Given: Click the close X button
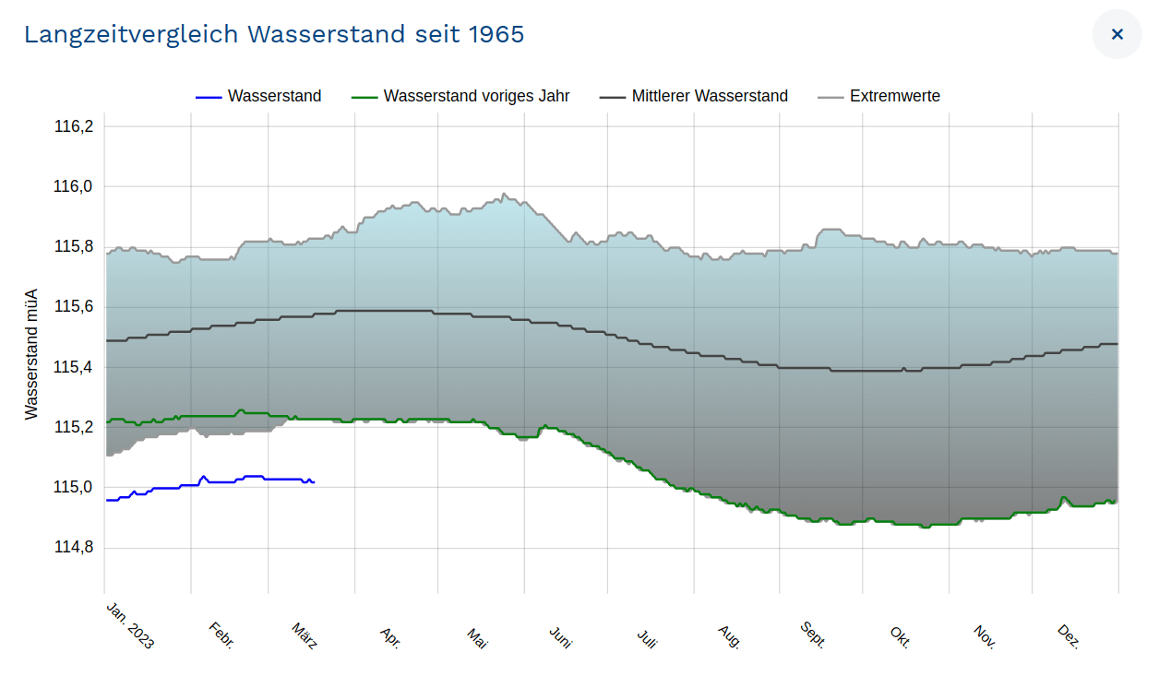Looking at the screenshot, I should pyautogui.click(x=1117, y=34).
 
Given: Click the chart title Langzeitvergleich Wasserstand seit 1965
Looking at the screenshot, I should pyautogui.click(x=274, y=34).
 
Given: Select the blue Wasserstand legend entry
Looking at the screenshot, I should pyautogui.click(x=258, y=96).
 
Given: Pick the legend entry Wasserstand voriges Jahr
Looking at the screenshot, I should pyautogui.click(x=460, y=96).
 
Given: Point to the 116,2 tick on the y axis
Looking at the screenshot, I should pyautogui.click(x=74, y=126).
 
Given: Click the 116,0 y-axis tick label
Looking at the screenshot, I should pyautogui.click(x=74, y=187).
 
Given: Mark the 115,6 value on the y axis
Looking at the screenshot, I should pyautogui.click(x=74, y=307).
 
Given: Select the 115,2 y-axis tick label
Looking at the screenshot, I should pyautogui.click(x=74, y=427).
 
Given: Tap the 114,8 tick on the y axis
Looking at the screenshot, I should pyautogui.click(x=74, y=548).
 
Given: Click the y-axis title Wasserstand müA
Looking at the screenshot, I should pyautogui.click(x=32, y=354).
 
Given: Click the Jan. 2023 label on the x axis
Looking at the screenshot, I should pyautogui.click(x=130, y=625).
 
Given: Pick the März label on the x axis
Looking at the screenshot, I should pyautogui.click(x=305, y=635).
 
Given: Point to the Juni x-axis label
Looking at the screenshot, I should pyautogui.click(x=560, y=636).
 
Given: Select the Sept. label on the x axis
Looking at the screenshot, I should pyautogui.click(x=813, y=634).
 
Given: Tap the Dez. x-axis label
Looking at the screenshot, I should pyautogui.click(x=1069, y=635).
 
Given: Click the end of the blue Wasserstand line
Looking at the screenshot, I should pyautogui.click(x=315, y=482).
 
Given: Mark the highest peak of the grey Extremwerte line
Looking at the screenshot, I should pyautogui.click(x=503, y=194).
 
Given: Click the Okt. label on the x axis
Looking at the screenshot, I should pyautogui.click(x=900, y=635).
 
